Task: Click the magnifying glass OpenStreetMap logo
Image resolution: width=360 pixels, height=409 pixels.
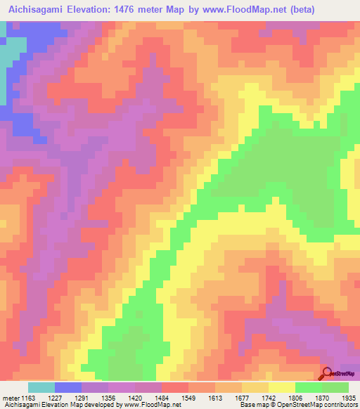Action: (x=326, y=372)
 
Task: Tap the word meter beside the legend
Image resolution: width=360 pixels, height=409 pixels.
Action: (x=11, y=398)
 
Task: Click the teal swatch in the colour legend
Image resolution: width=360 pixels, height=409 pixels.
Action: (x=41, y=387)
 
